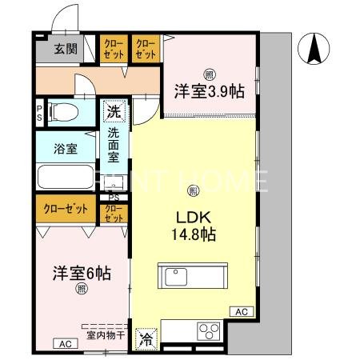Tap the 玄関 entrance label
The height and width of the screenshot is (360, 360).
[66, 49]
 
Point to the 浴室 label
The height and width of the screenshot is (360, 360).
[66, 147]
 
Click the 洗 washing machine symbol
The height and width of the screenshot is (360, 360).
[114, 111]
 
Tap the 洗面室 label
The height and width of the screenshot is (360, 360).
[114, 147]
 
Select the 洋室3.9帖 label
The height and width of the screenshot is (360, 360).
[209, 92]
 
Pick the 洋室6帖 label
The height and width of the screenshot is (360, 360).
[80, 272]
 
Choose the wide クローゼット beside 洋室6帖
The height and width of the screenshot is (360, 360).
[66, 210]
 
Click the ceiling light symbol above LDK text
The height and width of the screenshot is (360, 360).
[193, 190]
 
